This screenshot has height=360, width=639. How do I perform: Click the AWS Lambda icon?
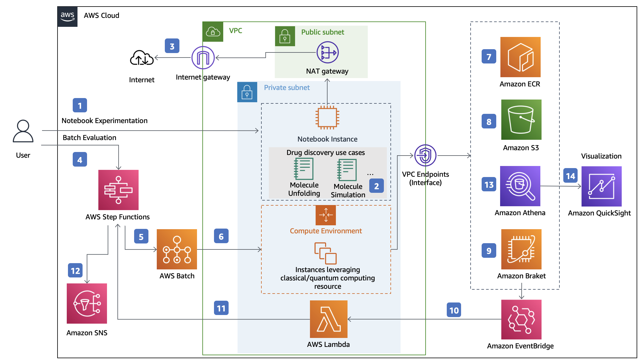pyautogui.click(x=328, y=319)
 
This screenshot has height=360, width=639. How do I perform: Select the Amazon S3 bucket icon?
pyautogui.click(x=521, y=120)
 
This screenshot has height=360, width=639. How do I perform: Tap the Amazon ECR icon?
pyautogui.click(x=520, y=57)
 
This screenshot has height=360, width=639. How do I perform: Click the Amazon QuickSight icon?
pyautogui.click(x=601, y=186)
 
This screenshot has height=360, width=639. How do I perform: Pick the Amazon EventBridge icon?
pyautogui.click(x=521, y=319)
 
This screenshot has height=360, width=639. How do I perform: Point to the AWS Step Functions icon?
pyautogui.click(x=118, y=190)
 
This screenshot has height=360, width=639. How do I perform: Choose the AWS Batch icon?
pyautogui.click(x=177, y=249)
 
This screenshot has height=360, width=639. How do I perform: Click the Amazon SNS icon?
pyautogui.click(x=87, y=303)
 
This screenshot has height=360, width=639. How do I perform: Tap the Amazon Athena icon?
pyautogui.click(x=520, y=186)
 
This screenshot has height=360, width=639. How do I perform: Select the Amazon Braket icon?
pyautogui.click(x=521, y=249)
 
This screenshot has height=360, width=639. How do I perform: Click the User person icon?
pyautogui.click(x=23, y=131)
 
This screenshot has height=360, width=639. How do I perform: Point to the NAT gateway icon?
pyautogui.click(x=328, y=52)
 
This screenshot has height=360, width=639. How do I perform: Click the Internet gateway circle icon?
pyautogui.click(x=203, y=58)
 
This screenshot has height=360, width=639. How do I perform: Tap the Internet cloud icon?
pyautogui.click(x=142, y=58)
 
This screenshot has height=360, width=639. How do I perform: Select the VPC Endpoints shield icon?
pyautogui.click(x=425, y=155)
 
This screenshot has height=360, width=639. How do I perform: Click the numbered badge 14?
pyautogui.click(x=570, y=176)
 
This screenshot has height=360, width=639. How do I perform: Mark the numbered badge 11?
pyautogui.click(x=221, y=308)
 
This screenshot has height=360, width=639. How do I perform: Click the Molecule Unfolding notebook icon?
pyautogui.click(x=304, y=169)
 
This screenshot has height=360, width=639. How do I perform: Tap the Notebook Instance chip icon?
pyautogui.click(x=327, y=117)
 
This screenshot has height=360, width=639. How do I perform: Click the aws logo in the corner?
pyautogui.click(x=67, y=17)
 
